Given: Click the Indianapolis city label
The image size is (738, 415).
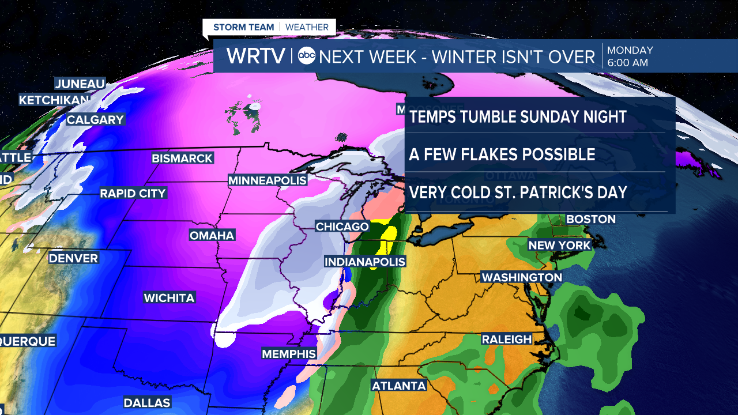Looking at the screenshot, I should click(365, 262).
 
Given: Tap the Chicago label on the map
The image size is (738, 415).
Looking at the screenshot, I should click(342, 227).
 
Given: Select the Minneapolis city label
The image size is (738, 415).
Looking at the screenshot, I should click(268, 180).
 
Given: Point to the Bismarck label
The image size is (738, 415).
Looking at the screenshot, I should click(182, 158).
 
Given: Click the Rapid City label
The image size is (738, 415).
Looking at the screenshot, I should click(133, 193).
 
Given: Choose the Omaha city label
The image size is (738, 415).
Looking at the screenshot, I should click(212, 235).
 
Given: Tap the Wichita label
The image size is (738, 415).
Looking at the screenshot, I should click(169, 298).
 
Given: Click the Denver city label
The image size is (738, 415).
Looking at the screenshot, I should click(73, 258).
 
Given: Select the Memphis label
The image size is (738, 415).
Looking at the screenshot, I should click(289, 353).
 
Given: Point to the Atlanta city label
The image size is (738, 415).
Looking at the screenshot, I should click(399, 386).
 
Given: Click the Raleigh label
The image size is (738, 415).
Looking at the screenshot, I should click(507, 339).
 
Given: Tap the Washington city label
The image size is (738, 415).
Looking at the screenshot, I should click(522, 277).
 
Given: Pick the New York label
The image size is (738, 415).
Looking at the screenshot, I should click(560, 245).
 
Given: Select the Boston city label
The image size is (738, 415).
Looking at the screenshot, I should click(591, 219).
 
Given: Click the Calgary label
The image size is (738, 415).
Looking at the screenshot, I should click(95, 120).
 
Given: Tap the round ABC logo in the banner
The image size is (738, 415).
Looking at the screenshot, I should click(307, 56).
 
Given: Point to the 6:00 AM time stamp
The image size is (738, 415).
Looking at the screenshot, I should click(628, 63).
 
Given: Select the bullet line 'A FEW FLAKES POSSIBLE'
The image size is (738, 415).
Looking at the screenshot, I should click(502, 154).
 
